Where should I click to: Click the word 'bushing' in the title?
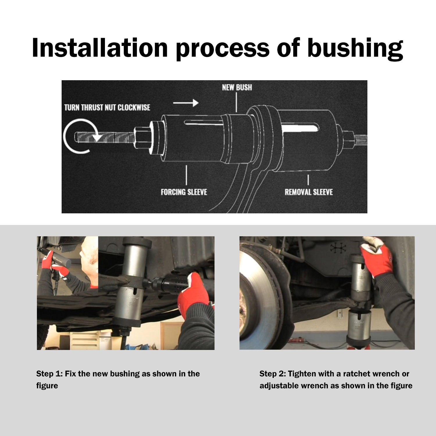coord(355,48)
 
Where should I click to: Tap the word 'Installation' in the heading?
coord(100,47)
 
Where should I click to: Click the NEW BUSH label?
coord(237,87)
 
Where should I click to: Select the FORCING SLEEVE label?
coord(184,192)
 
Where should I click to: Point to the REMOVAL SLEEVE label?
coord(309,192)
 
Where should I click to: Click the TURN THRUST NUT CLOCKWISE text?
coord(107,108)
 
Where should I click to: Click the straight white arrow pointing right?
coord(186,103)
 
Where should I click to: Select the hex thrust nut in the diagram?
coord(142,137)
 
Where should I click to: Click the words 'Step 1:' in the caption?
coord(49,374)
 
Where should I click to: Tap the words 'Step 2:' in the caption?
coord(273,374)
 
